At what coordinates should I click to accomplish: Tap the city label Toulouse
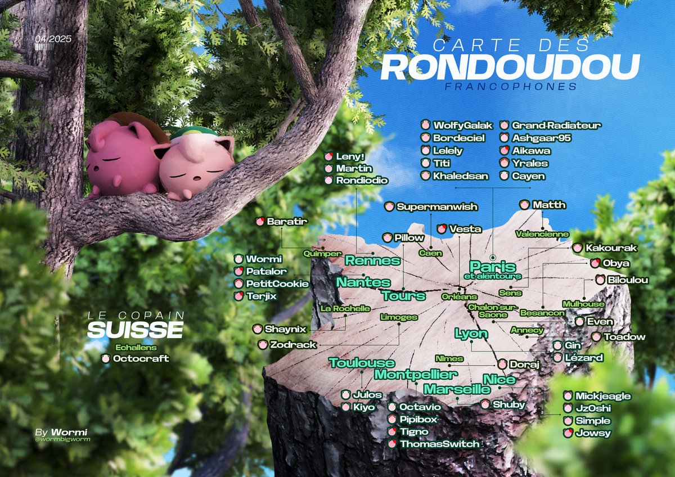[x=362, y=363]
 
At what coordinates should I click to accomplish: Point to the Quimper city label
[x=322, y=254]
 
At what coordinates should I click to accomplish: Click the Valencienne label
[x=542, y=233]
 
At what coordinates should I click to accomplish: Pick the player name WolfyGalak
[x=455, y=125]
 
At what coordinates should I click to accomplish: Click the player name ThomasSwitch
[x=439, y=444]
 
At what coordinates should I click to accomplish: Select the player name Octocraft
[x=141, y=358]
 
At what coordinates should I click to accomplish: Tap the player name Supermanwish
[x=436, y=207]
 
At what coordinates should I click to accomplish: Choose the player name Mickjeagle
[x=603, y=396]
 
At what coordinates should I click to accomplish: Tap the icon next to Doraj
[x=502, y=364]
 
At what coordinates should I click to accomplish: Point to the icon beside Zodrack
[x=263, y=344]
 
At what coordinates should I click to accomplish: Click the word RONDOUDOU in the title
[x=510, y=67]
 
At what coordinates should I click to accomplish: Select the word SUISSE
[x=135, y=330]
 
